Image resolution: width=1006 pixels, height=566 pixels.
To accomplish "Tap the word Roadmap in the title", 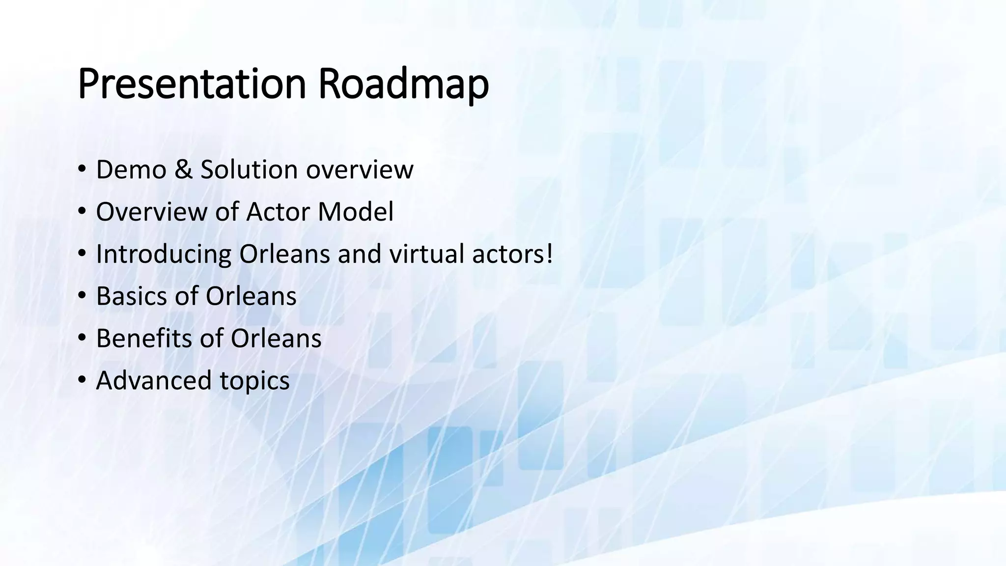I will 403,85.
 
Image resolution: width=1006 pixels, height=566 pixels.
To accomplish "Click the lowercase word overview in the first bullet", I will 360,170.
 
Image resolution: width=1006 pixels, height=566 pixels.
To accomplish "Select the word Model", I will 356,212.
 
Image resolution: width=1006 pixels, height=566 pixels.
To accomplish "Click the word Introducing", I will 164,255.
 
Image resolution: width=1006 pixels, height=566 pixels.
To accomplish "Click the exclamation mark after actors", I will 549,255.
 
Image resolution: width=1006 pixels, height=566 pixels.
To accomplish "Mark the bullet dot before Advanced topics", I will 82,381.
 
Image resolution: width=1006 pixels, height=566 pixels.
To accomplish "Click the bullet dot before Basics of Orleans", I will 82,296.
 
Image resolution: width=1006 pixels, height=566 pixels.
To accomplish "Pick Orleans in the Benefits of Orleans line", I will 276,339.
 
